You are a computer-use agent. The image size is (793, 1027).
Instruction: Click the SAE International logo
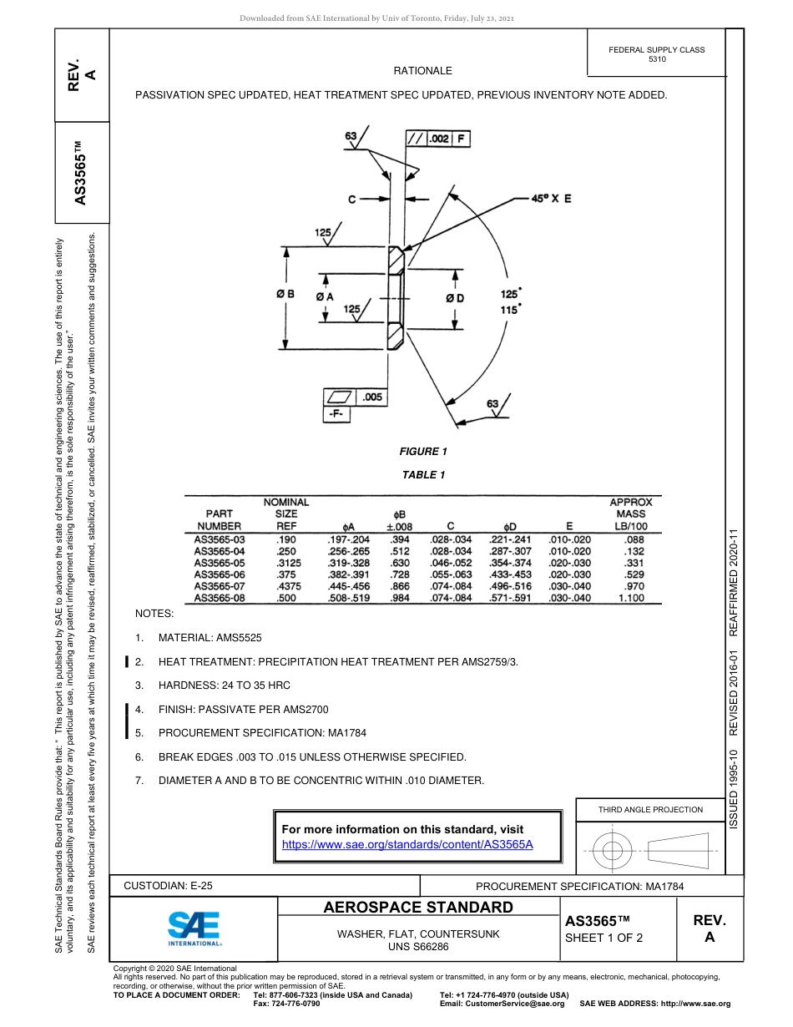pos(194,928)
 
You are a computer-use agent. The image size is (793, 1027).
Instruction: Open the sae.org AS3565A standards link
pos(407,844)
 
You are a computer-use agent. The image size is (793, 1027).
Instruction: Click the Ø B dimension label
pos(285,294)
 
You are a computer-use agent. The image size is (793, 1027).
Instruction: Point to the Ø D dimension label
pos(454,298)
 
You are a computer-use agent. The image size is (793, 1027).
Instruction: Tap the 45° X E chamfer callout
pos(552,199)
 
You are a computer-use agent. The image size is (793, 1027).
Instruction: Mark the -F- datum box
pos(338,414)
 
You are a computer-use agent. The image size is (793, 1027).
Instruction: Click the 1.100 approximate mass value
pos(630,598)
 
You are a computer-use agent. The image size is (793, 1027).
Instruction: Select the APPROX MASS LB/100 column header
pos(630,514)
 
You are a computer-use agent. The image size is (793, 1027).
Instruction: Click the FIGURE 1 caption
pos(423,452)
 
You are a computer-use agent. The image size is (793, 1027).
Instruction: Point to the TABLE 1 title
pos(423,475)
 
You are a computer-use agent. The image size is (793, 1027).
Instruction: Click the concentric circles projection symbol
pos(613,852)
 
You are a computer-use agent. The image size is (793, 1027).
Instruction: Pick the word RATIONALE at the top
pos(422,71)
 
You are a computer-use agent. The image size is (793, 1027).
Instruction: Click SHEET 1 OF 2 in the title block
pos(604,938)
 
